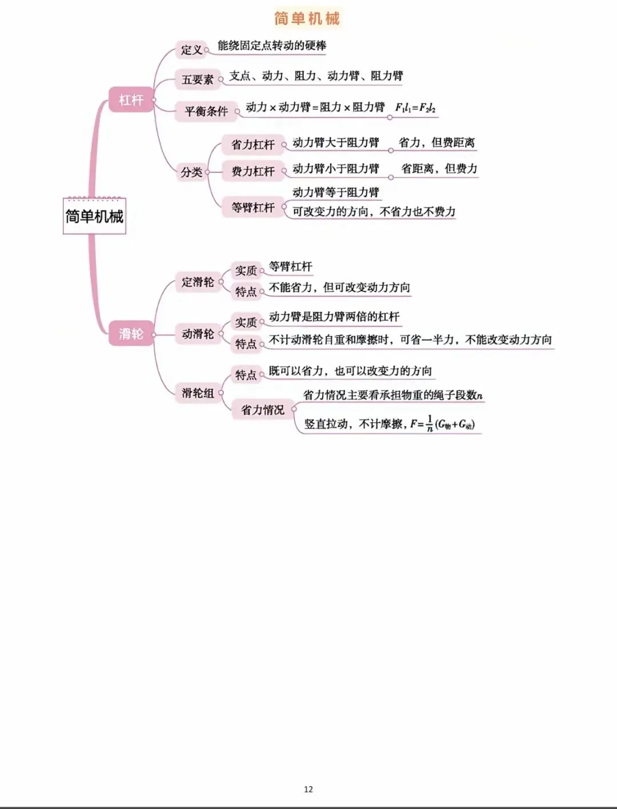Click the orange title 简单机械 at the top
click(307, 18)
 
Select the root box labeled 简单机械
click(94, 216)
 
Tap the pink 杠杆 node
click(131, 100)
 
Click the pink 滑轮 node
click(131, 333)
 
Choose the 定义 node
click(191, 50)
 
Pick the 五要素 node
click(197, 79)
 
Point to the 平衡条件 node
click(206, 111)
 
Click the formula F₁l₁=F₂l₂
click(415, 107)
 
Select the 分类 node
click(191, 172)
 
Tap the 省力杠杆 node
click(253, 145)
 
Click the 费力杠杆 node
click(253, 171)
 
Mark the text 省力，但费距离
click(436, 142)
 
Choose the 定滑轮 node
click(198, 282)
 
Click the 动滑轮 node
click(198, 334)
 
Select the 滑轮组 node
click(198, 393)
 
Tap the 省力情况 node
click(262, 410)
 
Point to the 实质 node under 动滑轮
click(246, 322)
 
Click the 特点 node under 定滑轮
click(246, 292)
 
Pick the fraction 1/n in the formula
click(430, 424)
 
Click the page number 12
click(308, 789)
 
